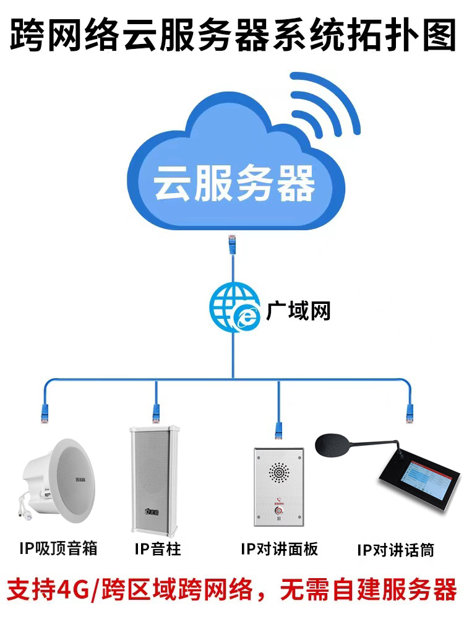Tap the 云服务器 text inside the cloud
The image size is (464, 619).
pyautogui.click(x=234, y=182)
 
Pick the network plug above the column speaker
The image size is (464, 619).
pyautogui.click(x=156, y=409)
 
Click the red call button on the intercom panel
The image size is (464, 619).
pyautogui.click(x=279, y=511)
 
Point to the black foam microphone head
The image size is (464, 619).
pyautogui.click(x=337, y=444)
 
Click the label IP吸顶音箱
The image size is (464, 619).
pyautogui.click(x=58, y=548)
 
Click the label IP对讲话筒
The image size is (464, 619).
pyautogui.click(x=396, y=550)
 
